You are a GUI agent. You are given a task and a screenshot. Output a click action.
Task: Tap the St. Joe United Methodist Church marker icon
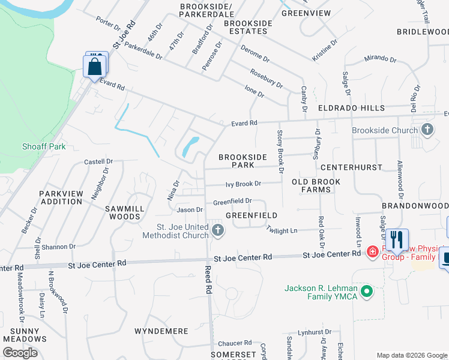[218, 230]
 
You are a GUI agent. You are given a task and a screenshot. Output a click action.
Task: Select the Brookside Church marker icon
[427, 130]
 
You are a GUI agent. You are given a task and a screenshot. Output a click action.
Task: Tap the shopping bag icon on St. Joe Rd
[95, 66]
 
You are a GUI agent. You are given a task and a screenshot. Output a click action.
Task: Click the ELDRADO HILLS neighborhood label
[351, 108]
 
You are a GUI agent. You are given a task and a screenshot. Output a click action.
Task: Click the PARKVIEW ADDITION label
[61, 197]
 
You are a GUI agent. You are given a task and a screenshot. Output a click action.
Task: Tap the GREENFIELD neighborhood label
[251, 215]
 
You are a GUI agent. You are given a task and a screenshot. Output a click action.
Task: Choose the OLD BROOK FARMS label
[316, 185]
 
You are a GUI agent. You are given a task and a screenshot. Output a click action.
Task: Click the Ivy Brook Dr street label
[243, 184]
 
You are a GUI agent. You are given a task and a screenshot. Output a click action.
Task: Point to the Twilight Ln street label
[282, 230]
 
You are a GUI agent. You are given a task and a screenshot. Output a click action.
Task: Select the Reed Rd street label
[208, 280]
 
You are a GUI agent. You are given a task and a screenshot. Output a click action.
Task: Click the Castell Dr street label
[98, 161]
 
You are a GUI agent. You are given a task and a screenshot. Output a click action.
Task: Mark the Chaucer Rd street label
[235, 342]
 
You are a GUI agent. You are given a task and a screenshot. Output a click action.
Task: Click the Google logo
[20, 353]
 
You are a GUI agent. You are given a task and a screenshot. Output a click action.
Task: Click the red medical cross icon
[372, 251]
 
